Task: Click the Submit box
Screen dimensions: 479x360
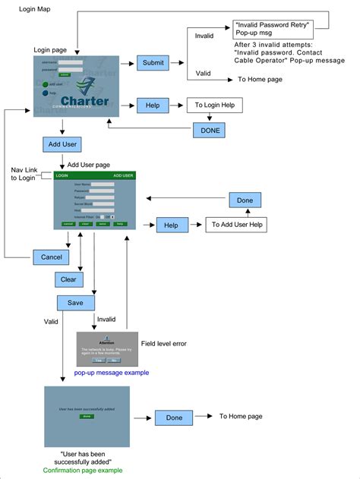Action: point(153,64)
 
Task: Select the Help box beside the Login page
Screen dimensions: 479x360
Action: point(153,106)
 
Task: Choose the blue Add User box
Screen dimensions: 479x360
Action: point(62,144)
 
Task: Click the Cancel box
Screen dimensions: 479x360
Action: point(52,257)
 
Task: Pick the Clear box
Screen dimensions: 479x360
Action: point(69,279)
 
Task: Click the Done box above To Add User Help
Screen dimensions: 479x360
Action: point(245,200)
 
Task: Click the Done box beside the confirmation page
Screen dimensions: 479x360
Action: point(174,418)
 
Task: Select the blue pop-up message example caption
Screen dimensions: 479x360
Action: point(111,372)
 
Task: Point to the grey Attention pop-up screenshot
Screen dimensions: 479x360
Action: point(107,349)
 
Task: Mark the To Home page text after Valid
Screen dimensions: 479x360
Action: point(261,78)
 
